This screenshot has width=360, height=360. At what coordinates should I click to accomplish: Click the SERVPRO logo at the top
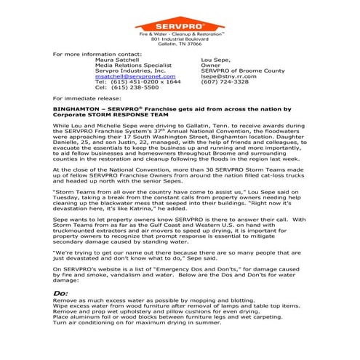pos(179,19)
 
